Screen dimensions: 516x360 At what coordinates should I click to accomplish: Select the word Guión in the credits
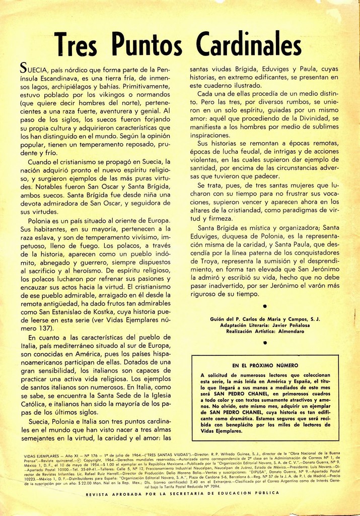pyautogui.click(x=219, y=319)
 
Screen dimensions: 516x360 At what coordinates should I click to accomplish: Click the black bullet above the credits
pyautogui.click(x=265, y=306)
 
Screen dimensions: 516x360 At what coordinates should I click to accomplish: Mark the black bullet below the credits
pyautogui.click(x=265, y=343)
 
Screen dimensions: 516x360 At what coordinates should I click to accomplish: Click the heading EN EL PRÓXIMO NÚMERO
pyautogui.click(x=265, y=365)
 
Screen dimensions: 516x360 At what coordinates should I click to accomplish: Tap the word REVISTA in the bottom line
pyautogui.click(x=99, y=493)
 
